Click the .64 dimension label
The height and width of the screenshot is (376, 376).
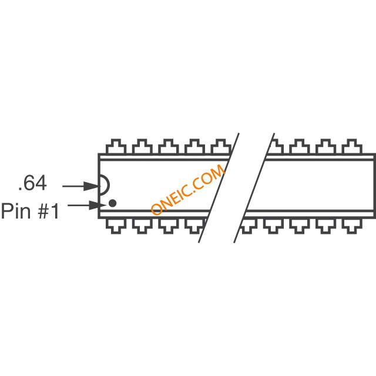coord(32,184)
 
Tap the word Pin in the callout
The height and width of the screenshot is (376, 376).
coord(15,211)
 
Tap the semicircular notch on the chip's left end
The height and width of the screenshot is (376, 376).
coord(104,186)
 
